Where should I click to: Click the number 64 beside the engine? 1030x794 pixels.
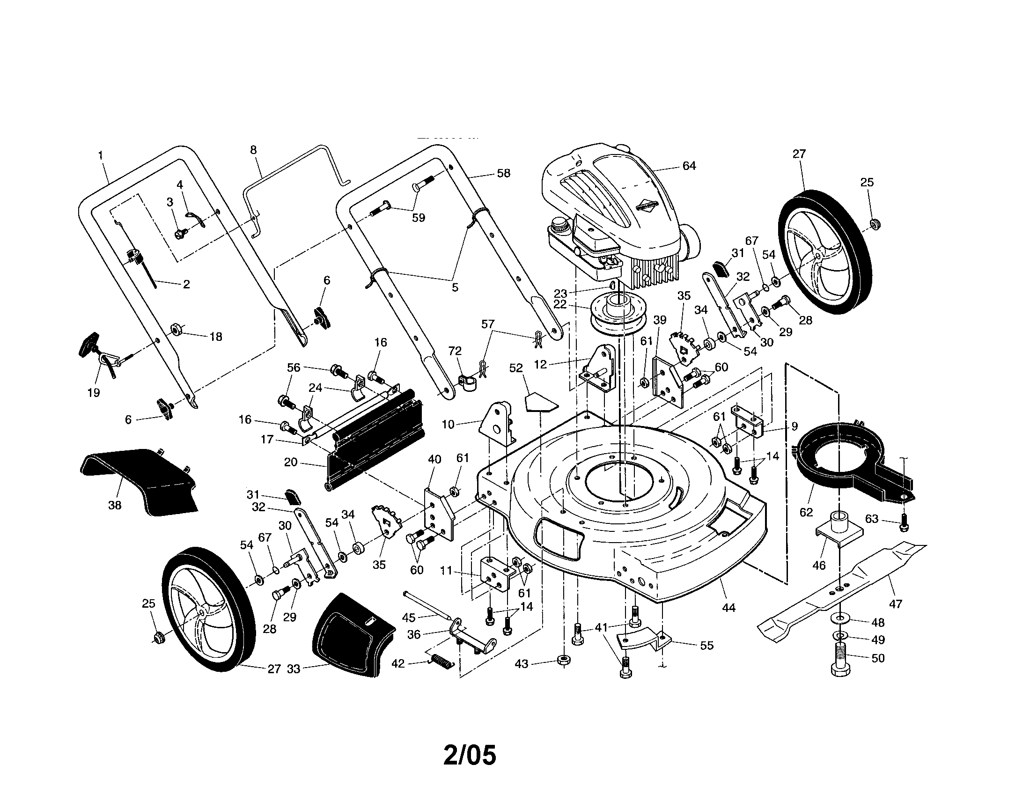(689, 166)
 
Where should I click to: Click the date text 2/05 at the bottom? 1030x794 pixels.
(470, 755)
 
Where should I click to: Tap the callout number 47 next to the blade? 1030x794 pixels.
(895, 603)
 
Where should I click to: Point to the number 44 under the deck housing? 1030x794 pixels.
(728, 608)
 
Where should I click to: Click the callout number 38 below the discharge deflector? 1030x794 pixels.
(115, 506)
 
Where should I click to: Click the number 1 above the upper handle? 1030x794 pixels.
(101, 154)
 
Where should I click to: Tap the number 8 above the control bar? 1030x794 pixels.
(253, 150)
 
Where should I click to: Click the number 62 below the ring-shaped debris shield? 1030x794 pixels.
(806, 512)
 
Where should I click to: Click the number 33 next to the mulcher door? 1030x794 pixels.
(294, 669)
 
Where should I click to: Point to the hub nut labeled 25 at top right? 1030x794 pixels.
(874, 223)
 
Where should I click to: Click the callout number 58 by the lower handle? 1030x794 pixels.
(503, 173)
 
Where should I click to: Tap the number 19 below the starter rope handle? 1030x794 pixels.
(93, 392)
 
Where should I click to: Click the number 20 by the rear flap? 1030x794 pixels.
(291, 462)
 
